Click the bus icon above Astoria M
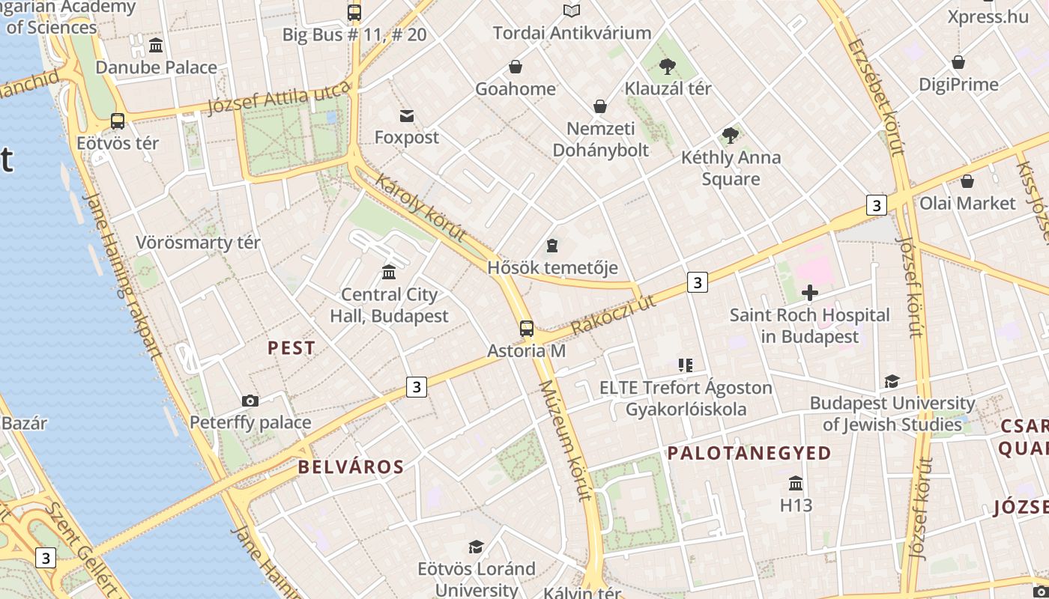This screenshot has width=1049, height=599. coord(527,328)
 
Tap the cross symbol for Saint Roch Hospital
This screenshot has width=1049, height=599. coord(810,293)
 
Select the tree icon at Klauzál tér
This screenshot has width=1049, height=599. coord(667,67)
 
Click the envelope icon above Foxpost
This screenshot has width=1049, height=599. coord(407,115)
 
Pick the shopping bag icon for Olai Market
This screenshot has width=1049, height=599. coord(967,181)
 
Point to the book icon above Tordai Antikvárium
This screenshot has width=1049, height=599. coord(572,10)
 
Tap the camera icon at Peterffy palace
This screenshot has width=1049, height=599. coord(250,401)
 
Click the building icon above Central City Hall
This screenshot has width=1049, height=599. coord(389,272)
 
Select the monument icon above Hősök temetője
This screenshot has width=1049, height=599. coord(552,245)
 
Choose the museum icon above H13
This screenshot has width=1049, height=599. coord(796,483)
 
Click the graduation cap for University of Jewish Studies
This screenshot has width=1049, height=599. coord(892,382)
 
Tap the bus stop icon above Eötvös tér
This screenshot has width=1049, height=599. coord(118,121)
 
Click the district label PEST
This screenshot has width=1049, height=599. coord(291,348)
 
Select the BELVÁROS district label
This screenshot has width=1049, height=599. coord(351,467)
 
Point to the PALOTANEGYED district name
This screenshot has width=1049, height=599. coord(749,453)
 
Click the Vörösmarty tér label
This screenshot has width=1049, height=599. coord(198,243)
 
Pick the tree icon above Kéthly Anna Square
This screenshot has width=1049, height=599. coord(731,136)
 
